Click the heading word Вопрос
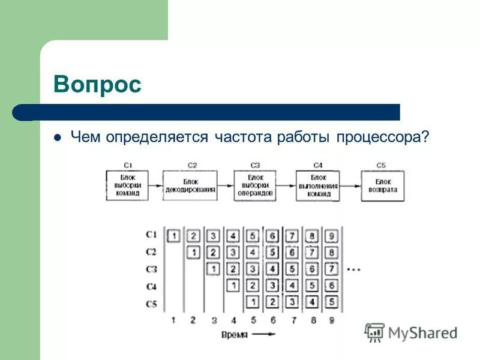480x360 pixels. tap(97, 85)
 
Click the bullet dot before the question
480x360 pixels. tap(58, 137)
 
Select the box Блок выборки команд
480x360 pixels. tap(127, 185)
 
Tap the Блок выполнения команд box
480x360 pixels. tap(317, 185)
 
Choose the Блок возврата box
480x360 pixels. tap(382, 185)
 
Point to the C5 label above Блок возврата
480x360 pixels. tap(382, 165)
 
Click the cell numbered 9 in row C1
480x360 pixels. tap(332, 235)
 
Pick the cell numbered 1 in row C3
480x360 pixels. tap(213, 268)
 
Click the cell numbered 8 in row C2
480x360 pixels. tap(332, 252)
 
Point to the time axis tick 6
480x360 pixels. tap(272, 320)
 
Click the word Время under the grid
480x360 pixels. tap(234, 335)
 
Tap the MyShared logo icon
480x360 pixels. tap(375, 332)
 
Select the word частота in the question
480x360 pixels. tap(243, 137)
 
